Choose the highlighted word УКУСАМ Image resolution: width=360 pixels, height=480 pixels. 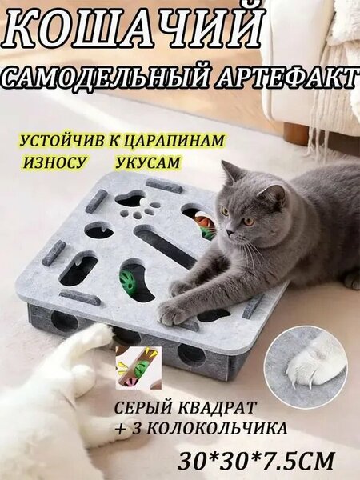[148, 162]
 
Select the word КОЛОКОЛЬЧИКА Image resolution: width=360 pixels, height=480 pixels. [214, 428]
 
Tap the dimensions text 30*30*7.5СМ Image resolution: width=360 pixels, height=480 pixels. [256, 461]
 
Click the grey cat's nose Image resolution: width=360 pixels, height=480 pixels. [230, 232]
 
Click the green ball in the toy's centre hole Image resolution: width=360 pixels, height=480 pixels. [129, 281]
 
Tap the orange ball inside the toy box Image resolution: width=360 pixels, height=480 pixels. [201, 220]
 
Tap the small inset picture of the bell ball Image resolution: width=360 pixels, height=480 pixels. [138, 367]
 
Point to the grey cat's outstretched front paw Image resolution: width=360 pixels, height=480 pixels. [171, 313]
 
